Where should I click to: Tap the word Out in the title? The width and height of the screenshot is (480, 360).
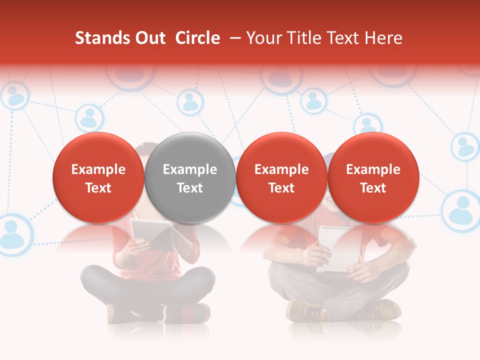[149, 38]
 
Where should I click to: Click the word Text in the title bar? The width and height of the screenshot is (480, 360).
[343, 38]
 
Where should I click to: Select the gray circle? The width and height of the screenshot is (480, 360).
[190, 177]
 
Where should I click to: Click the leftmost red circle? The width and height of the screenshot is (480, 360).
[98, 177]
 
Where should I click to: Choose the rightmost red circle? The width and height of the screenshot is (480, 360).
[373, 177]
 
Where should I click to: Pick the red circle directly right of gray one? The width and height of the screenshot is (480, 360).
[281, 177]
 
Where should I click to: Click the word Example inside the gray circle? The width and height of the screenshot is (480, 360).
[190, 169]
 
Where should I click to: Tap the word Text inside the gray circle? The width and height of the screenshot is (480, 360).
[190, 188]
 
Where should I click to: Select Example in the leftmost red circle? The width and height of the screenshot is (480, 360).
[98, 169]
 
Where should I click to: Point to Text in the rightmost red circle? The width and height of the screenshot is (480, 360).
[373, 188]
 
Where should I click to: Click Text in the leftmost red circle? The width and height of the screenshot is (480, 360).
[98, 188]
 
